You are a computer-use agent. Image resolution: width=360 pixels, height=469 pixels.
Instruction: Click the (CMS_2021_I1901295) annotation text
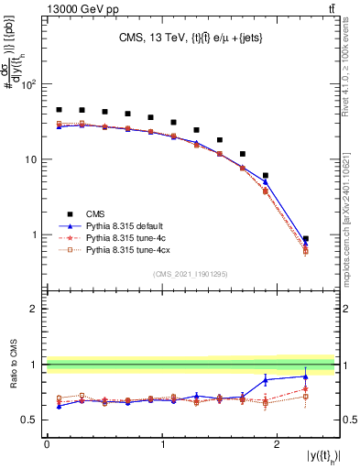click(191, 273)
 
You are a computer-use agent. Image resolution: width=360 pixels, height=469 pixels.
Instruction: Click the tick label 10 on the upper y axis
click(30, 159)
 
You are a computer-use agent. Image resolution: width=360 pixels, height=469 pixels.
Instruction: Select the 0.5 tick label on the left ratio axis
click(27, 420)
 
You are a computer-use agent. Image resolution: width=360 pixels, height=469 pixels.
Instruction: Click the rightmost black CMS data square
click(305, 239)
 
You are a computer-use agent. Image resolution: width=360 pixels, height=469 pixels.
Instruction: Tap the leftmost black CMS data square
click(59, 110)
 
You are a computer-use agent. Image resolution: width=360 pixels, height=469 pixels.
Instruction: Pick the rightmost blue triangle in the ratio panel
click(305, 376)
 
